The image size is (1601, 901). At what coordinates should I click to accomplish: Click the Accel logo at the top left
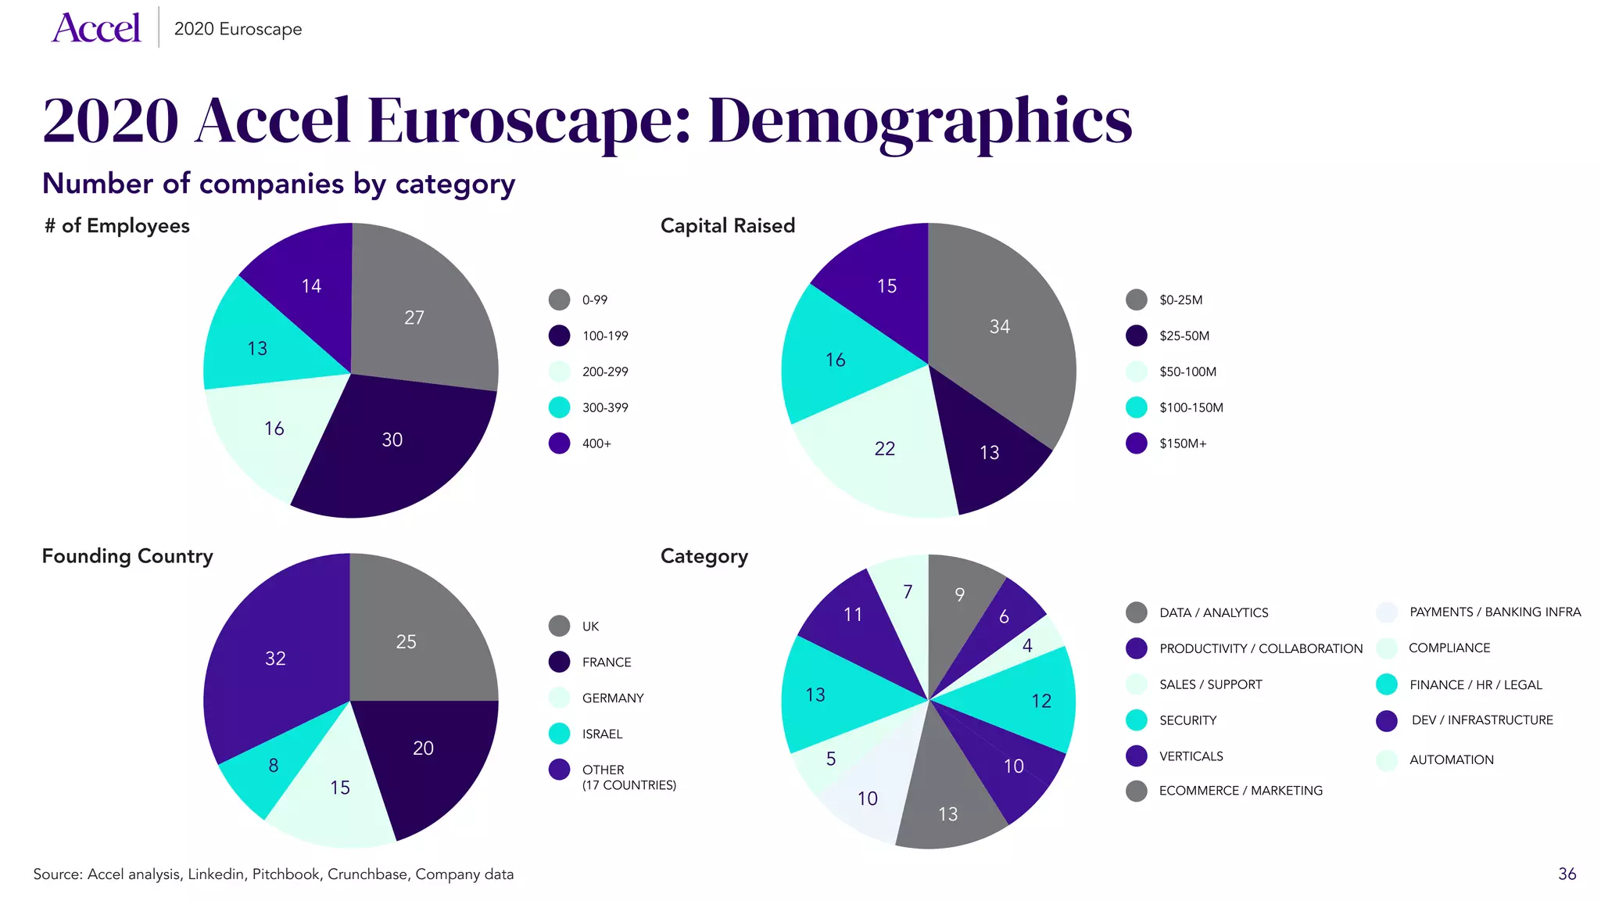click(96, 28)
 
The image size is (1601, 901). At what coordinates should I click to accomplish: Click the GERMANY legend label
click(613, 698)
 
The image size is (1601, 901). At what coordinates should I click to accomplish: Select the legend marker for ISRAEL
click(559, 734)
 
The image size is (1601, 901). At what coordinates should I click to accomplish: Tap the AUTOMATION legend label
click(1451, 759)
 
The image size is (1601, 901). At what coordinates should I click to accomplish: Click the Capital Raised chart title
click(727, 225)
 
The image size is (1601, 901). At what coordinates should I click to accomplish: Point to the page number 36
click(1567, 874)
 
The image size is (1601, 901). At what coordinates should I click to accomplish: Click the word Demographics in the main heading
click(919, 121)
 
